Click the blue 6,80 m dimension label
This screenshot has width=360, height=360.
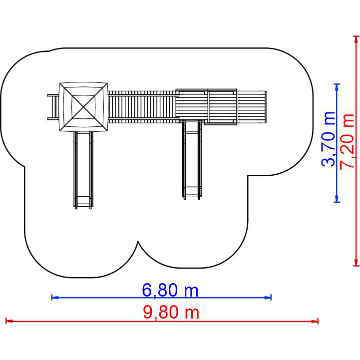[170, 290]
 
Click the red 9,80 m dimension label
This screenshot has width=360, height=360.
[171, 312]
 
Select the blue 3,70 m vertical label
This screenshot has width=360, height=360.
[329, 139]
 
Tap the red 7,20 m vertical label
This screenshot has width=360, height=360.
[347, 141]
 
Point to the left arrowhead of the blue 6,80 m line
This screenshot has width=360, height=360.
[55, 298]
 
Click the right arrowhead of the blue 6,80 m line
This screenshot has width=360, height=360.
[268, 298]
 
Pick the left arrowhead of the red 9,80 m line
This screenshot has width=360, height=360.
[9, 321]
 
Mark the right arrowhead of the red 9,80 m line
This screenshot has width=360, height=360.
[315, 321]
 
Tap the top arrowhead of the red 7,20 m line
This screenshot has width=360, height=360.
[356, 39]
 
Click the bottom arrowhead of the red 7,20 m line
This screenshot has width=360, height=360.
[356, 263]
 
